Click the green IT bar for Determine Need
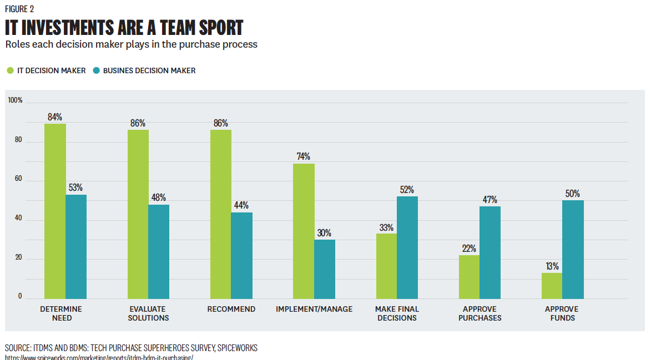[55, 211]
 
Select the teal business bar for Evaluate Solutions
[159, 252]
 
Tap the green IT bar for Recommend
[221, 214]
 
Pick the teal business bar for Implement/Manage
[325, 269]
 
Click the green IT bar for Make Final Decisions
[387, 266]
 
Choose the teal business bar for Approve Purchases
[490, 252]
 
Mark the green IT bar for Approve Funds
[552, 286]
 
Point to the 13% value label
[552, 266]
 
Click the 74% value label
[303, 156]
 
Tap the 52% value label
[407, 190]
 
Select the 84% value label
[55, 117]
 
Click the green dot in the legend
[10, 70]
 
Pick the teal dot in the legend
[97, 70]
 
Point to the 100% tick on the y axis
[15, 100]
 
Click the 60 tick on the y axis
[18, 179]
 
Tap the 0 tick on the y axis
[20, 296]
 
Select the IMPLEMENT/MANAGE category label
[314, 309]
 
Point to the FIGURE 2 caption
[19, 9]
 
